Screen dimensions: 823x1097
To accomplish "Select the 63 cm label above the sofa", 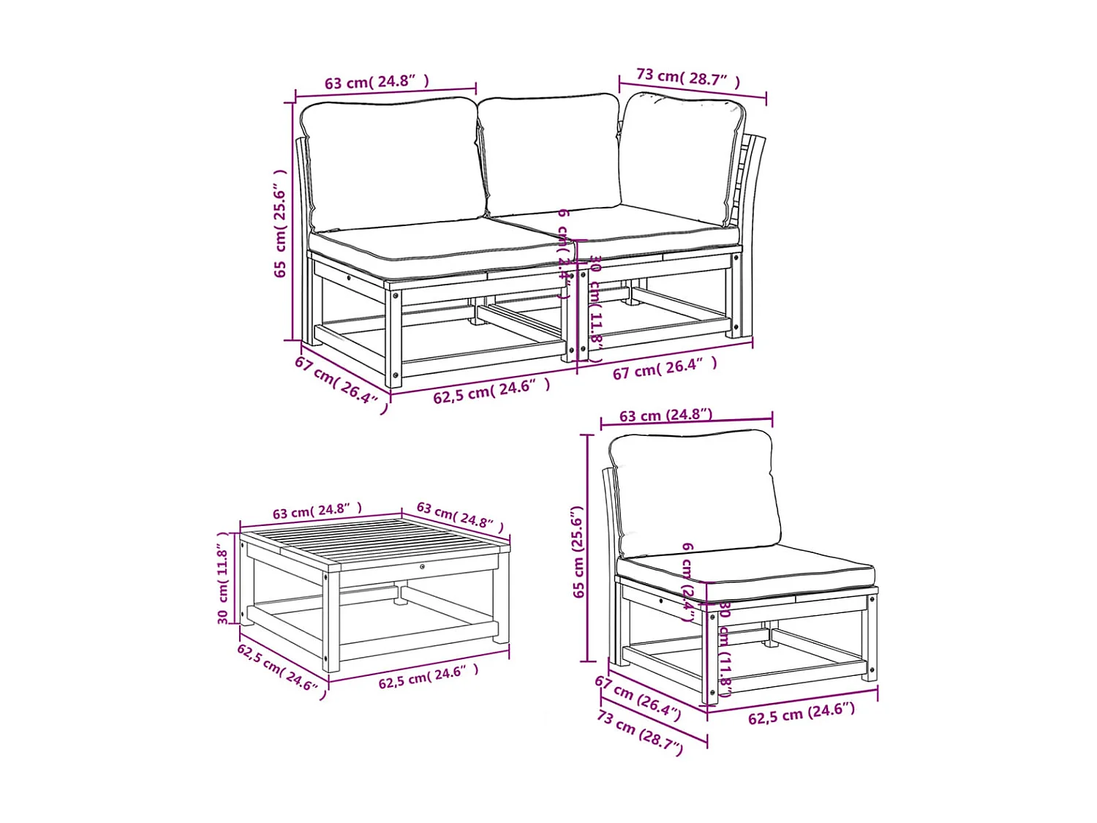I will point(377,82).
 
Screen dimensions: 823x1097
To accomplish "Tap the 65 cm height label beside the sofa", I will point(280,223).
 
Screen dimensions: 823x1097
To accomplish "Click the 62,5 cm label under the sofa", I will point(491,391).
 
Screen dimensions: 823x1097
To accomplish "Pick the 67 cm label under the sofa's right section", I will point(665,368).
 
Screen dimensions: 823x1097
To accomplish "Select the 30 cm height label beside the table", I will point(223,578).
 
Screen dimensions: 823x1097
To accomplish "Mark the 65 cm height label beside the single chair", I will point(578,552).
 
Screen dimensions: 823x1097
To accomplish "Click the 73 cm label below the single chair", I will point(640,732).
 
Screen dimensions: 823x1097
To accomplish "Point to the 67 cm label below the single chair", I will point(638,697).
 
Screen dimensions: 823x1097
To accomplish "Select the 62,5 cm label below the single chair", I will point(801,713).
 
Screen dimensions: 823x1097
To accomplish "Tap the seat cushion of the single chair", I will point(746,571).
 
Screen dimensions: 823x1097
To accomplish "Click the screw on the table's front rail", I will point(423,566).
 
